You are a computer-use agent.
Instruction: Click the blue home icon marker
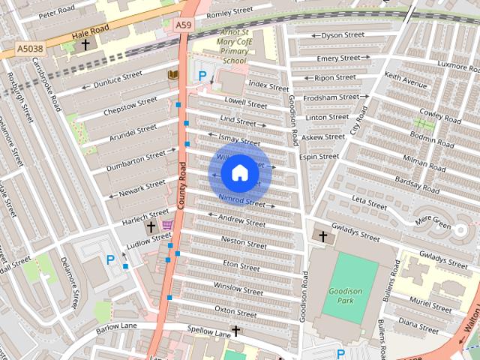coord(238,173)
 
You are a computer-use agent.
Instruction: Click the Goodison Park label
coord(345,295)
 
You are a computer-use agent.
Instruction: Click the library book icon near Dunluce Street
coord(173,74)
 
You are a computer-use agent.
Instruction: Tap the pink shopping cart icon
coord(167,225)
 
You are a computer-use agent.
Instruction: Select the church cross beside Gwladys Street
coord(323,236)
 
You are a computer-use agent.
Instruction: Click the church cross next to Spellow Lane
coord(235,331)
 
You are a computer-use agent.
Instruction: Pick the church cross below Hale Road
coord(85,45)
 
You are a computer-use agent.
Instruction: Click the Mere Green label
coord(432,222)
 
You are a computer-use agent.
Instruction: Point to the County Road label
coord(181,187)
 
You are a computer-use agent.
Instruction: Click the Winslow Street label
coord(238,286)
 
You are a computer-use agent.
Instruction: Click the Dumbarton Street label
coord(136,160)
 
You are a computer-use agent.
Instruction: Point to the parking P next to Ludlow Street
coord(110,259)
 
